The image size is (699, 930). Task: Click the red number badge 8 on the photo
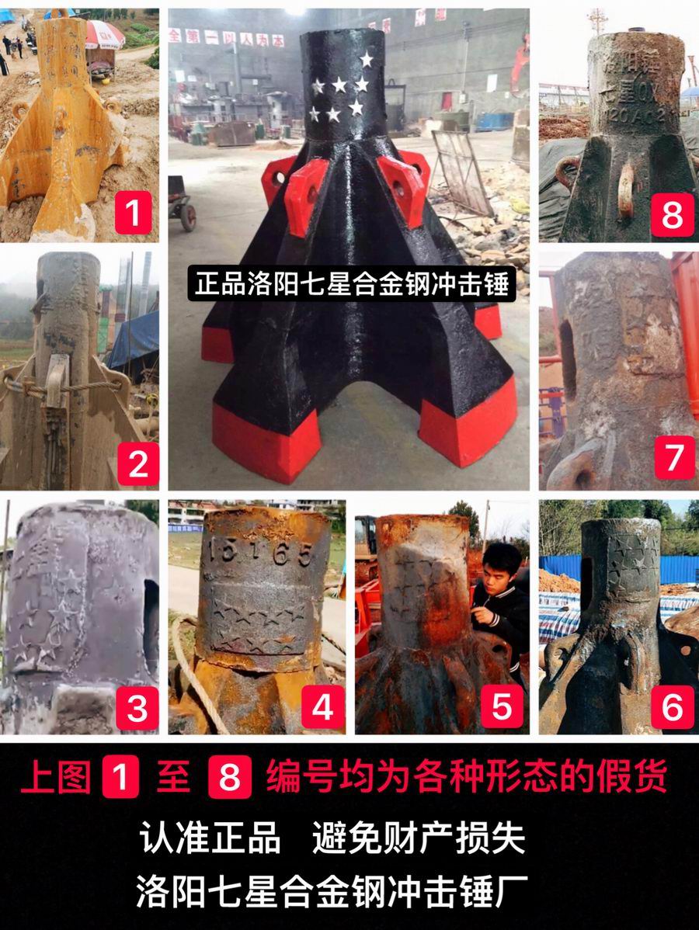(672, 215)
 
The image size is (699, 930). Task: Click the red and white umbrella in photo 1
(103, 33)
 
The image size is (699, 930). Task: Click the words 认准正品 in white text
(210, 838)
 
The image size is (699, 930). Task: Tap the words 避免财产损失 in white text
(419, 838)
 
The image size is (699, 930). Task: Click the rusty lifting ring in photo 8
(627, 190)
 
